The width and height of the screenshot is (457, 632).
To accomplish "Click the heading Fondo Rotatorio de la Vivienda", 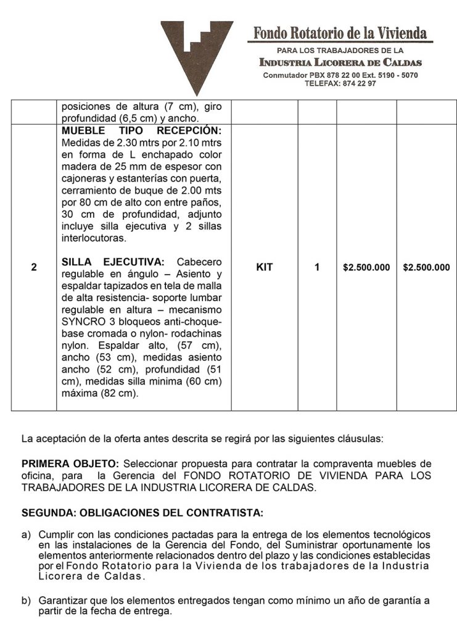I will [340, 33].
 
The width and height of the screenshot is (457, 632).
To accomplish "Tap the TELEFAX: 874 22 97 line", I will [340, 83].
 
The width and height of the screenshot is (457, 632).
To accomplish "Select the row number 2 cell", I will [34, 268].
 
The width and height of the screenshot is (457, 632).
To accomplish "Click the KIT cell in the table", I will [264, 268].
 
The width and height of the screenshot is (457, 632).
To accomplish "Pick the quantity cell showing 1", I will [317, 268].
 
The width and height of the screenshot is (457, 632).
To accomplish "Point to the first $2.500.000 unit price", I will [366, 268].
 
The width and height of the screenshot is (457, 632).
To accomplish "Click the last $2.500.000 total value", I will [426, 268].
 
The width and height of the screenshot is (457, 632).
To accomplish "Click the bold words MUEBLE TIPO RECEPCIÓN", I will [141, 131].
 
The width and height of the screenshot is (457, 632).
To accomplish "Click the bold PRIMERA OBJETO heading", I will [70, 464].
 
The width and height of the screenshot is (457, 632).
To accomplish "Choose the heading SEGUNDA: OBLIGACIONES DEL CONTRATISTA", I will [142, 513].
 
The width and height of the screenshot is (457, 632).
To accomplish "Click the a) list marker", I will [26, 533].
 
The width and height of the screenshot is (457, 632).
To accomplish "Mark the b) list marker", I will [26, 599].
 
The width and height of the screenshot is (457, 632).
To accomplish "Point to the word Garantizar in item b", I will [62, 599].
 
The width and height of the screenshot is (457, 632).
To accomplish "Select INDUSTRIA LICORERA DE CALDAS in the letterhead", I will [340, 62].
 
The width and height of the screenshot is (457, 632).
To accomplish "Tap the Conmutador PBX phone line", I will [340, 75].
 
